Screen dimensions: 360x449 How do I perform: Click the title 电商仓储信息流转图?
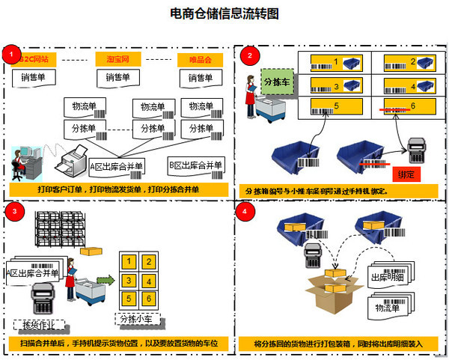point(224,13)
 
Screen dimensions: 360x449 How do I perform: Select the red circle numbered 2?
point(249,55)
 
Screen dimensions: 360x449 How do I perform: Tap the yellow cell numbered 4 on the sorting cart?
point(150,281)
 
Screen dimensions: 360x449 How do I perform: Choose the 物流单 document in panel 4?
point(391,306)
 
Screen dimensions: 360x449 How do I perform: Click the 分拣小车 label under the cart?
point(141,319)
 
